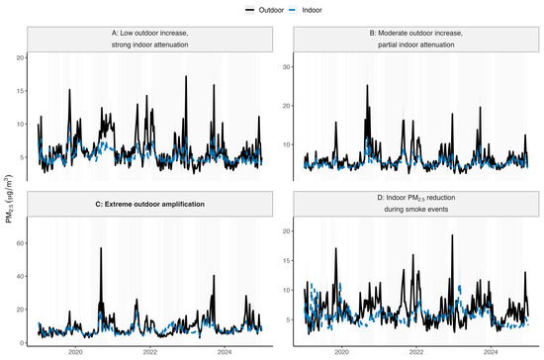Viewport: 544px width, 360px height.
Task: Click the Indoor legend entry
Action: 306,10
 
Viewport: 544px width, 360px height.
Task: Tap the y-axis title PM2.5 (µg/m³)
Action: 8,199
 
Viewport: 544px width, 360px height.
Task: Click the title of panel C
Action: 150,205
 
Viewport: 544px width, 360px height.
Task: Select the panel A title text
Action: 150,39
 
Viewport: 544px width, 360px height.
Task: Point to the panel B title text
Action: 416,39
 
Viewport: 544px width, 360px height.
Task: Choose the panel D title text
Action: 416,203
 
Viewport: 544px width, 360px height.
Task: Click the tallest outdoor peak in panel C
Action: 101,248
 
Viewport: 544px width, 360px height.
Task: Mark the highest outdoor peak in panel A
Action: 186,76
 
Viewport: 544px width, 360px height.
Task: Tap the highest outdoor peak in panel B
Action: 367,85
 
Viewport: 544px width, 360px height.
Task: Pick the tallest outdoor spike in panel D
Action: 452,235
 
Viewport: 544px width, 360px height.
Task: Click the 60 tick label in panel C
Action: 20,243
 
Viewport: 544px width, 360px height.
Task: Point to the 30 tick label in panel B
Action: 286,67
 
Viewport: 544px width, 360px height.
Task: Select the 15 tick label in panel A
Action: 20,91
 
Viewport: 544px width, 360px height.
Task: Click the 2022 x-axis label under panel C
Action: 150,352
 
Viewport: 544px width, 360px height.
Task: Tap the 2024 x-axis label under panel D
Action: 491,352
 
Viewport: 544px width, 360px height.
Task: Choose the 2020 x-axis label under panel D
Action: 341,352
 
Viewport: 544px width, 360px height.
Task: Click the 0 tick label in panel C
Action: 22,342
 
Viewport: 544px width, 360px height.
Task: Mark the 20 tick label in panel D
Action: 286,231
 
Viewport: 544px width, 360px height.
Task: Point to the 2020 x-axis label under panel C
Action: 75,352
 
